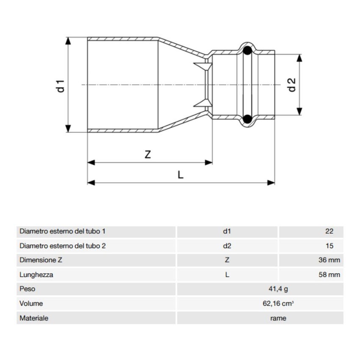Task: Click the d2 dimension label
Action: [x=291, y=85]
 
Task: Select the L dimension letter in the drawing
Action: [x=180, y=174]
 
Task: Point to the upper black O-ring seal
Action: [x=247, y=51]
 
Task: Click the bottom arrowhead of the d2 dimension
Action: [x=299, y=112]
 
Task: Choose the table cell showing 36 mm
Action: [x=329, y=260]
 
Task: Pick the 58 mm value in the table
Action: [x=329, y=275]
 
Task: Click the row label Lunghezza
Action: [x=36, y=275]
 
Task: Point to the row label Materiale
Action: [x=34, y=318]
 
